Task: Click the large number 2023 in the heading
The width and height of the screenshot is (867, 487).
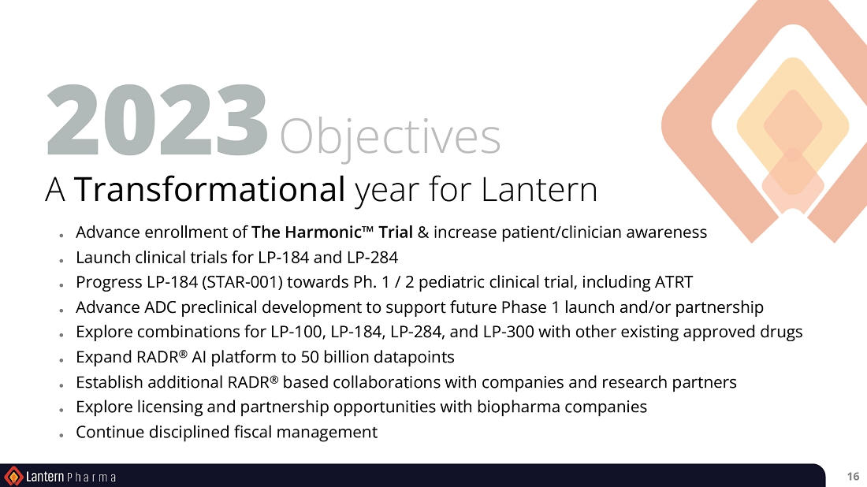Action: [157, 121]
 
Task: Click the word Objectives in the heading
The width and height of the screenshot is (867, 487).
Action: [390, 137]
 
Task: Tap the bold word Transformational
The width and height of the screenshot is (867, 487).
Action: [210, 188]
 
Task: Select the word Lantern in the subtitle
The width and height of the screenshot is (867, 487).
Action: [539, 190]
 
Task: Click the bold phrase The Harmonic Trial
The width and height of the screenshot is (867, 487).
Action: [333, 232]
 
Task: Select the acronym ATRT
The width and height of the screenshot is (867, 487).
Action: [673, 282]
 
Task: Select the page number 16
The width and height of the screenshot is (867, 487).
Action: [853, 477]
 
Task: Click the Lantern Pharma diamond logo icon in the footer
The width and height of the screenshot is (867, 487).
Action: [13, 476]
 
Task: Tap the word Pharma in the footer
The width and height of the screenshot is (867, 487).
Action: [91, 477]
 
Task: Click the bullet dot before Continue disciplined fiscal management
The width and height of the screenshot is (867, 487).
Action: [61, 435]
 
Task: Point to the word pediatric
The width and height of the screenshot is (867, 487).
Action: [453, 282]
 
